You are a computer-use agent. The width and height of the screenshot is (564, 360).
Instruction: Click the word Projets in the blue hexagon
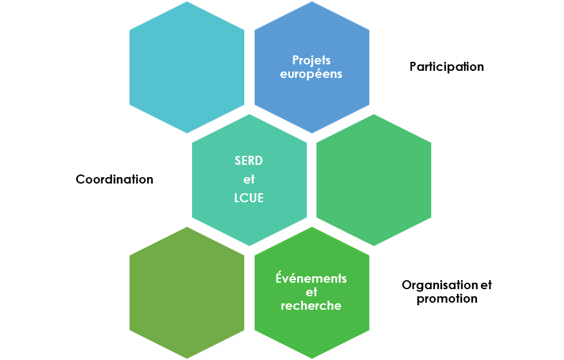[311, 60]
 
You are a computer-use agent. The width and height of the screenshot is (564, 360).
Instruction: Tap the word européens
[311, 73]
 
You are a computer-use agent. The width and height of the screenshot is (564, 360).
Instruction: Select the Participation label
[447, 66]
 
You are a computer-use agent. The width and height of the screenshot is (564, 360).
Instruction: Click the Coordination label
[115, 179]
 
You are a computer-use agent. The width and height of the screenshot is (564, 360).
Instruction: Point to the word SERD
[249, 161]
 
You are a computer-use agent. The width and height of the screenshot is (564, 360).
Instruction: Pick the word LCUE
[249, 198]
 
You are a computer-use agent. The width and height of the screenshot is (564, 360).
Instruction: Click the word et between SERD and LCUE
[249, 180]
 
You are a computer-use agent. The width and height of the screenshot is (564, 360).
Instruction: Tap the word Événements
[311, 278]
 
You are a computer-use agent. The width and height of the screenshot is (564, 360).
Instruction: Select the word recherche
[311, 305]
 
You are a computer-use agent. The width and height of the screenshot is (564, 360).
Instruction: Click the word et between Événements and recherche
[312, 292]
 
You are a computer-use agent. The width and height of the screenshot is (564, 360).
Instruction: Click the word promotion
[447, 298]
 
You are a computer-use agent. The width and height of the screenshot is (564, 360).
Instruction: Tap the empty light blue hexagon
[187, 67]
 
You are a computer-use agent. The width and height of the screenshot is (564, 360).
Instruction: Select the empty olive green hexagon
[187, 292]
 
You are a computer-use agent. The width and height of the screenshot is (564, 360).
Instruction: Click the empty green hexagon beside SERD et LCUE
[374, 180]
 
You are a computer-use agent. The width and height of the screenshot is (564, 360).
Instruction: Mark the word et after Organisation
[486, 285]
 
